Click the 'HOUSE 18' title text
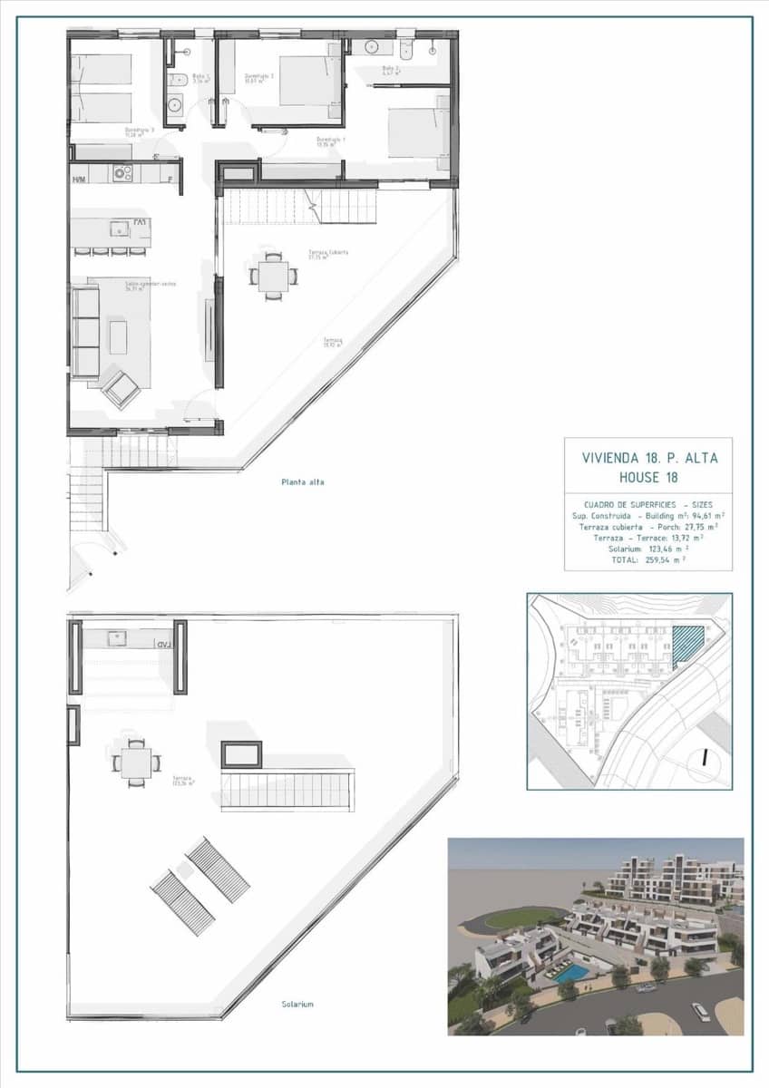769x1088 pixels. point(647,477)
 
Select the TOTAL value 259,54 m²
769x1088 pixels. point(665,560)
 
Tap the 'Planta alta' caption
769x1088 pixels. point(302,482)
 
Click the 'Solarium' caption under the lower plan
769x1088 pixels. point(297,1005)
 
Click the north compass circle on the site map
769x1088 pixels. point(704,761)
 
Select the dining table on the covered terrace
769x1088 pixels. point(273,276)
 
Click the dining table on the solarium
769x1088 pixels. point(136,763)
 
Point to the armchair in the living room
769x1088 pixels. point(121,387)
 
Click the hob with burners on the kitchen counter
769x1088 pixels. point(122,173)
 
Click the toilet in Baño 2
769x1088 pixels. point(405,47)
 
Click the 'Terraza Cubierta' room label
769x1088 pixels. point(327,254)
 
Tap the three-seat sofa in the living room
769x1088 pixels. point(84,331)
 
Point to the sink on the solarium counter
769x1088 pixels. point(117,638)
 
